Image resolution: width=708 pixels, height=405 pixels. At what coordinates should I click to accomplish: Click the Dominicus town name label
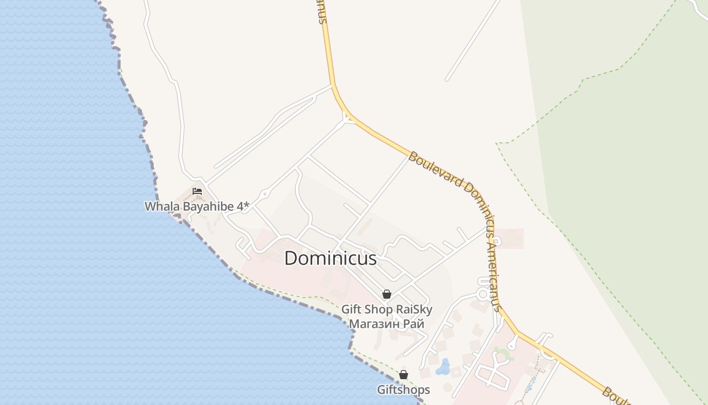coord(330,259)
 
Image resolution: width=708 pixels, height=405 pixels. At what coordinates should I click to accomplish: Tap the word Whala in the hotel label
coord(158,207)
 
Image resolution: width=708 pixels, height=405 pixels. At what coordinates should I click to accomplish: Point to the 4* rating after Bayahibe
coord(244,207)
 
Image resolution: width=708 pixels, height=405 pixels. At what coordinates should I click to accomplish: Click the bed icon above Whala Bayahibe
coord(197,191)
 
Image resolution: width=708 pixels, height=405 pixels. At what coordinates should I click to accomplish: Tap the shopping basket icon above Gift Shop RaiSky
coord(387,294)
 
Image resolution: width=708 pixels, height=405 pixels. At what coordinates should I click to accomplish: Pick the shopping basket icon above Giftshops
coord(404,375)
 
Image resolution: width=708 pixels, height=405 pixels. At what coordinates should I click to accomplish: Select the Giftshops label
coord(404,390)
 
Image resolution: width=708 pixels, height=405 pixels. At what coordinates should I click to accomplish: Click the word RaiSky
coord(414,309)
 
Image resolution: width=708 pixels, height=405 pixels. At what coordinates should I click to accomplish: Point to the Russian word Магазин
coord(373,324)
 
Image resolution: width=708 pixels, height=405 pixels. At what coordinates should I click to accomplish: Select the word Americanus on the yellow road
coord(492,273)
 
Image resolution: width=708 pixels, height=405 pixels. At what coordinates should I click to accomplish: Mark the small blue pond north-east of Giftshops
coord(443,367)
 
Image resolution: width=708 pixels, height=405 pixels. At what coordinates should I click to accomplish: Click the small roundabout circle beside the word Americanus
coord(483,294)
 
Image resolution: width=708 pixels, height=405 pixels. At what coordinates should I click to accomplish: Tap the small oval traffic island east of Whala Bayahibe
coord(264,194)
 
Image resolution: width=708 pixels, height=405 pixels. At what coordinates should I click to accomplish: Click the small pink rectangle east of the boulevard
coord(509,239)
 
